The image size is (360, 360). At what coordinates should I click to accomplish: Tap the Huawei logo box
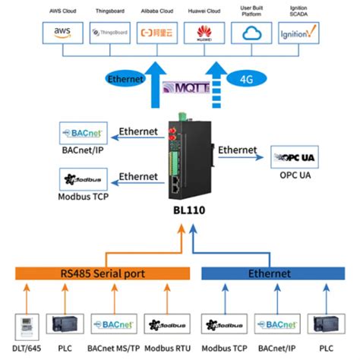pyautogui.click(x=204, y=33)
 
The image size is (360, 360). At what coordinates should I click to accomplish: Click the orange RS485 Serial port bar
pyautogui.click(x=102, y=273)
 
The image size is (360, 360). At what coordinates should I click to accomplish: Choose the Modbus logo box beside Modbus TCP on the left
pyautogui.click(x=83, y=179)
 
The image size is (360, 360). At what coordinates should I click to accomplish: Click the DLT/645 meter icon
pyautogui.click(x=26, y=325)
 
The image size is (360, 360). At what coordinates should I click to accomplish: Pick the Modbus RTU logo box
pyautogui.click(x=162, y=325)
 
